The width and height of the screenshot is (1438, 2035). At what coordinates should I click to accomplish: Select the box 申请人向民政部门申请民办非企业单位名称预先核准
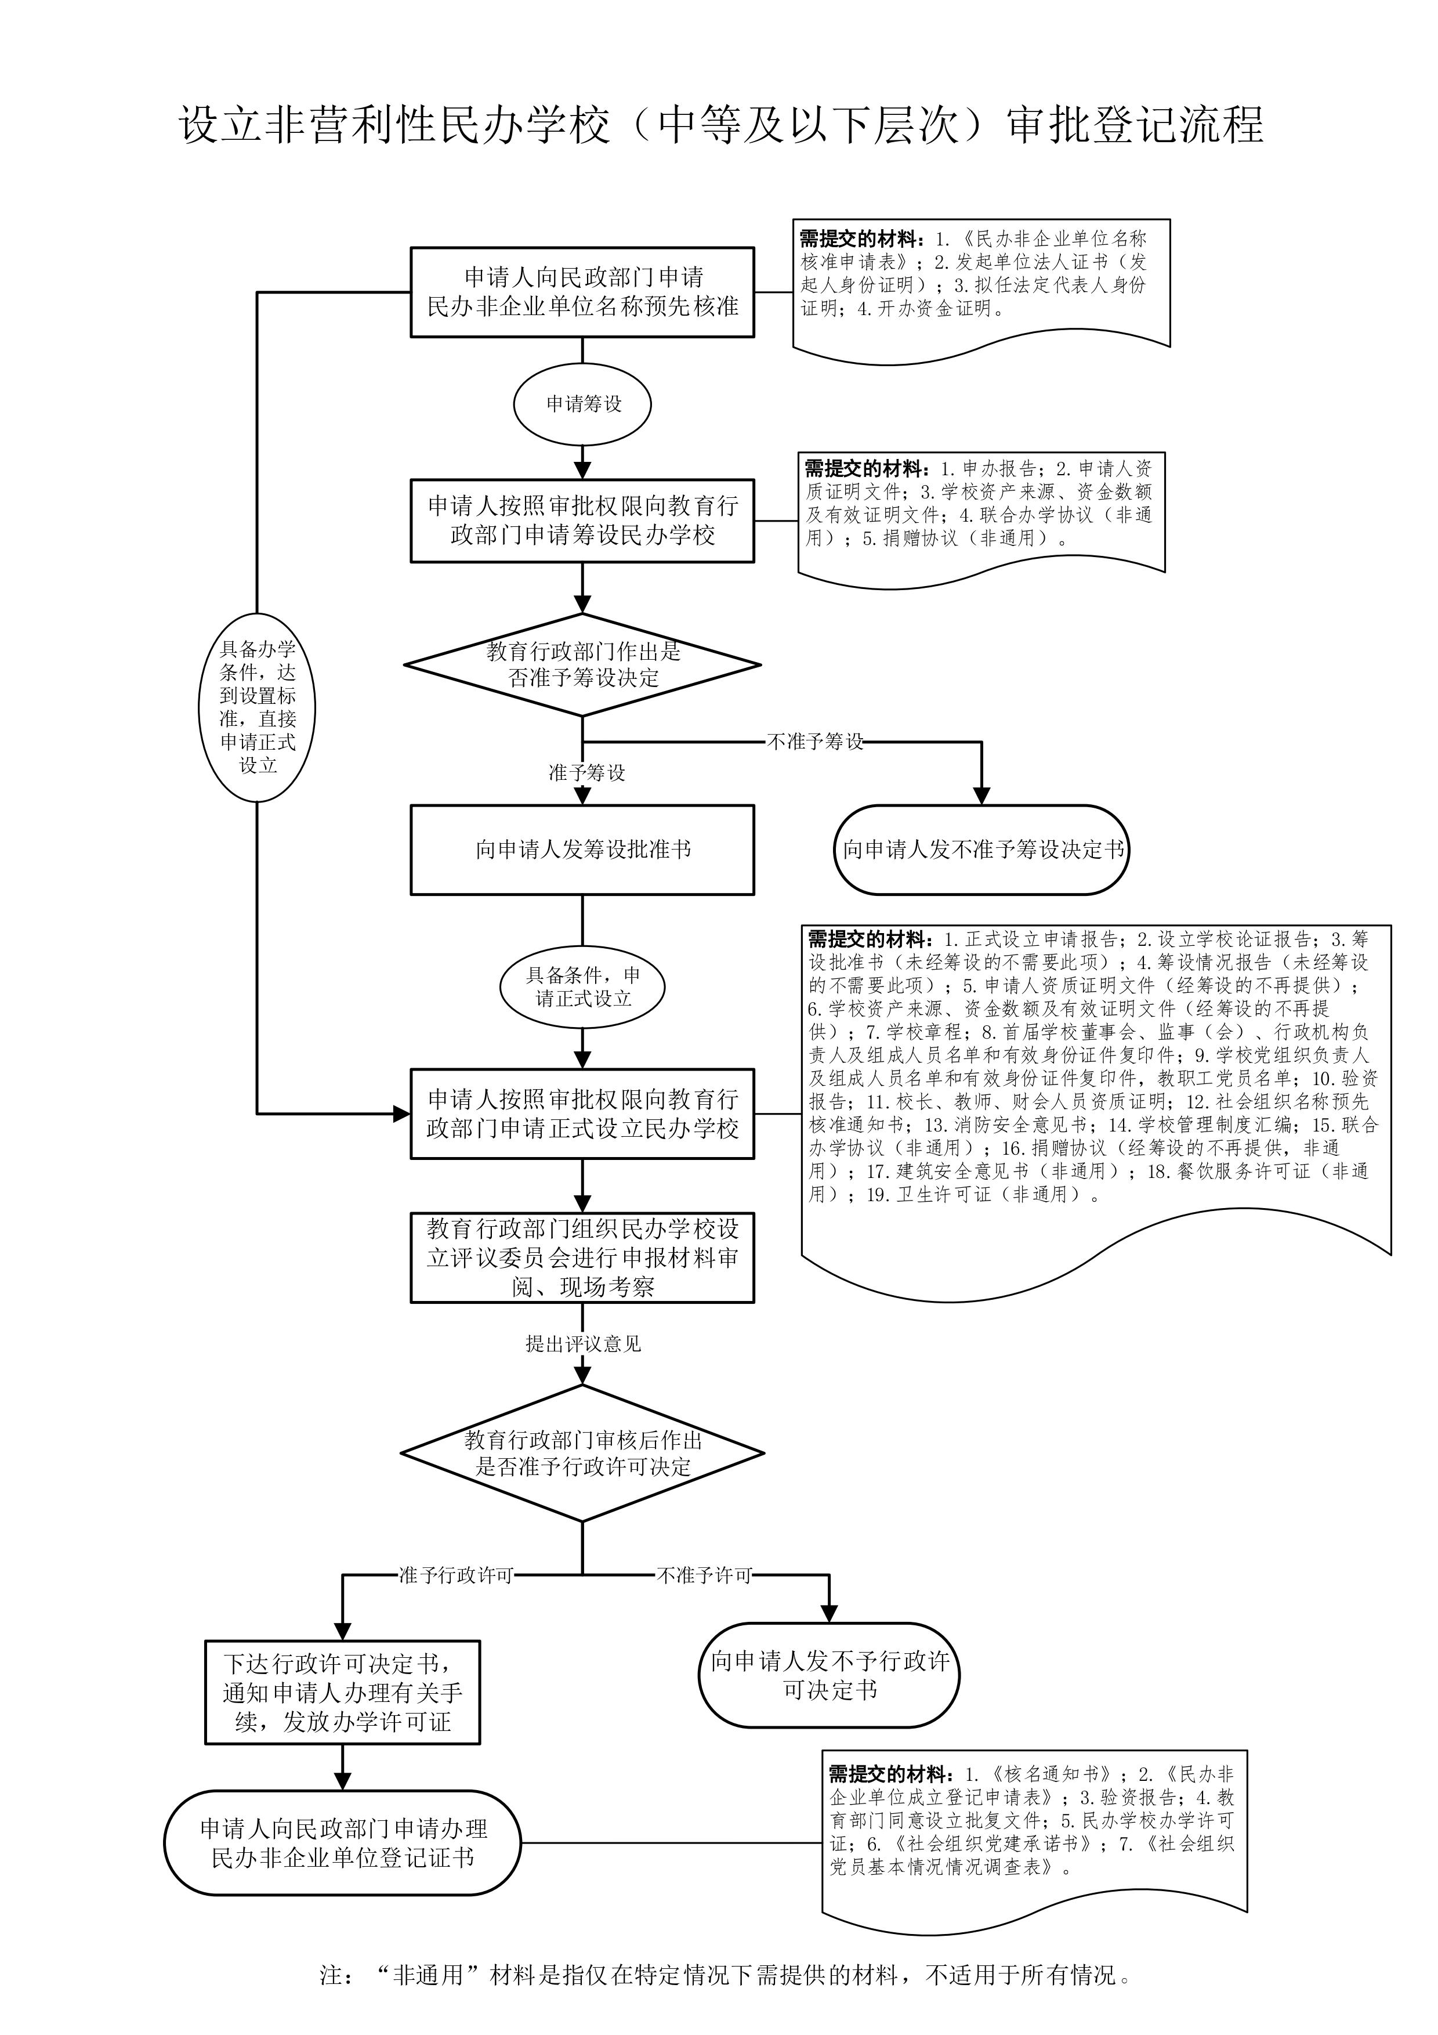tap(582, 292)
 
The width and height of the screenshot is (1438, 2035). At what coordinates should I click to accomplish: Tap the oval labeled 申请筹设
tap(582, 404)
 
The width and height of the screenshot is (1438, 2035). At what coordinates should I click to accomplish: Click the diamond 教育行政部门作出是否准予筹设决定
tap(582, 665)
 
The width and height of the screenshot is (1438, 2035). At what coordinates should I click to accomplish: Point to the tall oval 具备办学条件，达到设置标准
tap(257, 707)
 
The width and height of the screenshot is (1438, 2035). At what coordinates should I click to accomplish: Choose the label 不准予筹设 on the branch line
tap(814, 742)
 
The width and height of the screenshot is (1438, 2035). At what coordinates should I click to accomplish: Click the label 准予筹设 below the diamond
tap(586, 773)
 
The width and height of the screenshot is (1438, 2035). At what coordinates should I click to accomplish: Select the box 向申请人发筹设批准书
tap(582, 850)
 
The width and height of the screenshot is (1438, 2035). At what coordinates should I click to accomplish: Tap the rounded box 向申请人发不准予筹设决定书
tap(981, 850)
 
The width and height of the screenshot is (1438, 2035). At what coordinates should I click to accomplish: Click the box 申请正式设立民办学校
tap(582, 1114)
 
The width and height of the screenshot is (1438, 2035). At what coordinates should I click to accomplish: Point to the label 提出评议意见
tap(582, 1344)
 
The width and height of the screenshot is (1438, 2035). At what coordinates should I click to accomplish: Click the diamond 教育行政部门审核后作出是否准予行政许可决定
tap(582, 1454)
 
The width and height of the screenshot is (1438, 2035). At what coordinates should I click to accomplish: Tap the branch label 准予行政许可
tap(455, 1575)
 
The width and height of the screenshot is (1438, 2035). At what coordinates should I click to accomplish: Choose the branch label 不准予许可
tap(704, 1575)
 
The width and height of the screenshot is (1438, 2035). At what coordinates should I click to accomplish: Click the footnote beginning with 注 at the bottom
tap(725, 1976)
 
